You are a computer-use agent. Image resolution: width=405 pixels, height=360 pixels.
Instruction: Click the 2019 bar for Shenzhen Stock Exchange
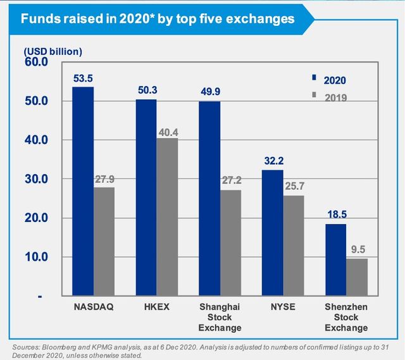pos(357,277)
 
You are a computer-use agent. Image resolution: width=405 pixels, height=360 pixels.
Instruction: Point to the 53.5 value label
pos(83,78)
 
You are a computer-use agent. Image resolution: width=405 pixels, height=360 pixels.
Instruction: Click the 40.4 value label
pos(168,132)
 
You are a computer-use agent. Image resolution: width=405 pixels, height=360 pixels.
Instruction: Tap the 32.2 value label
pos(273,161)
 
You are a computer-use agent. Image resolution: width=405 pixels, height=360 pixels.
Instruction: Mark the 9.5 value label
pos(358,250)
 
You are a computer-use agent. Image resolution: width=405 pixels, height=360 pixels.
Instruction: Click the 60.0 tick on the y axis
pos(37,62)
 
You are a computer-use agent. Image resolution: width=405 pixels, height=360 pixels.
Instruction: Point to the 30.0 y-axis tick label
pos(37,179)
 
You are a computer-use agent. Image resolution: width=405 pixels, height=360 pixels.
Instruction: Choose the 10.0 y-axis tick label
pos(37,257)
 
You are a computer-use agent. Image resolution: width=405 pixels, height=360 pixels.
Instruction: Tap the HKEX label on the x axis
pos(156,307)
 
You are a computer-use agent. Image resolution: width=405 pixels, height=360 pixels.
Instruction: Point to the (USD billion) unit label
pos(53,50)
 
